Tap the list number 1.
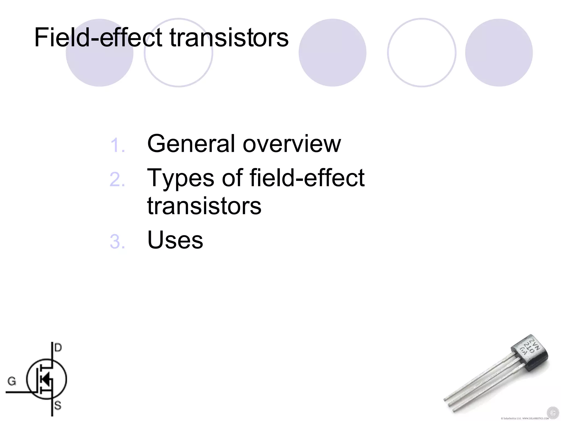[117, 145]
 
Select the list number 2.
[117, 180]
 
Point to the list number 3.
[117, 241]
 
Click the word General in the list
[191, 144]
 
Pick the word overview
[292, 144]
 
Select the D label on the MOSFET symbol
[58, 348]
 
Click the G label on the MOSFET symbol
[12, 381]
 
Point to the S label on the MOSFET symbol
[58, 405]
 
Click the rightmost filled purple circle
[499, 53]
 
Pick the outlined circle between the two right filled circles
[422, 53]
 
